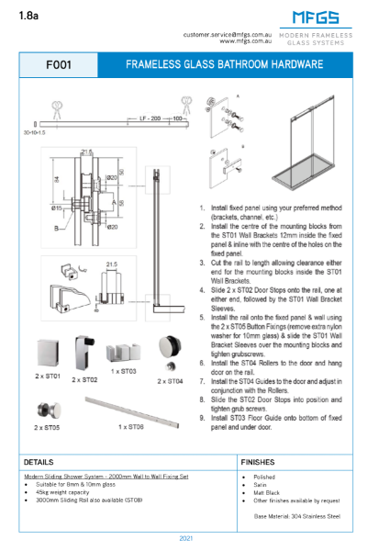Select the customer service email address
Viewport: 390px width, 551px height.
click(228, 34)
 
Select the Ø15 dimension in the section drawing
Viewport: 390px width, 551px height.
click(56, 208)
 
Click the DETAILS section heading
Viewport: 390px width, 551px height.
click(39, 462)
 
